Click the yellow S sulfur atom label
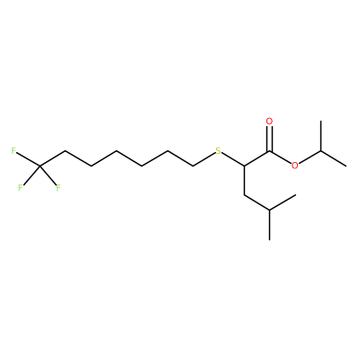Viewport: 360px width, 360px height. click(218, 150)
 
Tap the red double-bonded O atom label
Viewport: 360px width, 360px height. click(269, 121)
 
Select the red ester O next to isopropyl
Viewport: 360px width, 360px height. click(295, 166)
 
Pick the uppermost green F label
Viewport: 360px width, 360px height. click(13, 150)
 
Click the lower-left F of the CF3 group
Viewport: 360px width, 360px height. click(20, 188)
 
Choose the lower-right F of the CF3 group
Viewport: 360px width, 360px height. click(58, 188)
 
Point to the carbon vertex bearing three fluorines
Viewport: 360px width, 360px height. click(40, 166)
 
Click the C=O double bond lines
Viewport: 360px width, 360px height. click(269, 139)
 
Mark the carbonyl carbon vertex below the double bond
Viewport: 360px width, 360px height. click(269, 151)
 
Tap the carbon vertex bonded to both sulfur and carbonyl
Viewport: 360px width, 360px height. click(244, 166)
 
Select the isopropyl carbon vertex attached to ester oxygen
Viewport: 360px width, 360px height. click(320, 151)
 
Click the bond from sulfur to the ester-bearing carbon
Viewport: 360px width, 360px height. click(233, 159)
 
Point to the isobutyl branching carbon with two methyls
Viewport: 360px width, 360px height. click(269, 210)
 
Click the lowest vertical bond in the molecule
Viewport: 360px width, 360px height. click(269, 225)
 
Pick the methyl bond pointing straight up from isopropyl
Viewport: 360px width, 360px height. click(320, 136)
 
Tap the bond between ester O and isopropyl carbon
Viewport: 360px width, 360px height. click(310, 157)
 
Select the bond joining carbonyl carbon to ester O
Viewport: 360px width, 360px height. click(280, 157)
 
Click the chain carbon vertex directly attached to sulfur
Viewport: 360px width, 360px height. click(193, 166)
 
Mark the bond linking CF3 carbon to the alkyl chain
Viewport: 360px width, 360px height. click(52, 158)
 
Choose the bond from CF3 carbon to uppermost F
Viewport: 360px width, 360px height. click(28, 159)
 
